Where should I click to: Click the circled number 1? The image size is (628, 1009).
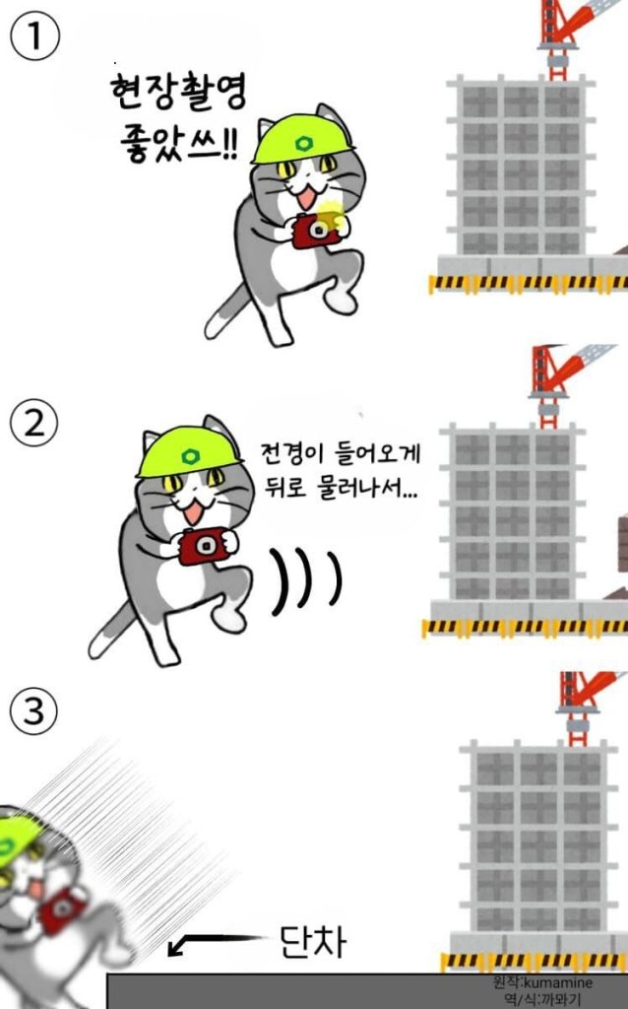34,36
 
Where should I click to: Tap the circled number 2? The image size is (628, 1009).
34,423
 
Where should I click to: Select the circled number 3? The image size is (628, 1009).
34,711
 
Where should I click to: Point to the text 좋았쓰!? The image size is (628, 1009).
179,143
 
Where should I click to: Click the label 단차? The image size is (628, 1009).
313,941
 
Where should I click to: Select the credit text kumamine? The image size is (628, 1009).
558,982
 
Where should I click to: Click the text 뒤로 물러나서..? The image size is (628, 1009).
341,488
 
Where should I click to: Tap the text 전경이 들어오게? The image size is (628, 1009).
340,453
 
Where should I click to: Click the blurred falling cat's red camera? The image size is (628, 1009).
62,908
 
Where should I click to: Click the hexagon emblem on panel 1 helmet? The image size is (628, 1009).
301,143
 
